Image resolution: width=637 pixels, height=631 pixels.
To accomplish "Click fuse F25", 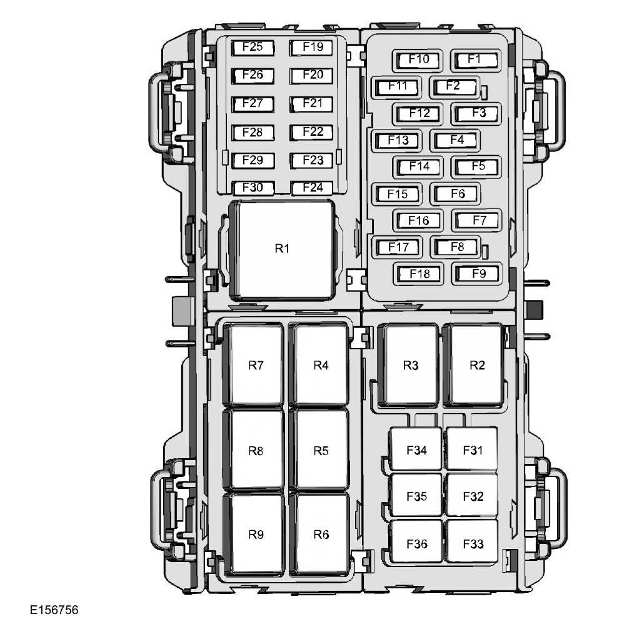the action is (x=253, y=48).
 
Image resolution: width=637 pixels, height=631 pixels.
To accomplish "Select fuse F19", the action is (x=311, y=48).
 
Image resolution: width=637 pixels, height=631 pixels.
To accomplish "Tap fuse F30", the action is (x=253, y=188).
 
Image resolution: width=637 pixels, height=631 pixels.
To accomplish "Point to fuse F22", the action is (x=311, y=132).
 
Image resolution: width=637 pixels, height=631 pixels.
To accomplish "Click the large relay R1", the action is (x=283, y=249).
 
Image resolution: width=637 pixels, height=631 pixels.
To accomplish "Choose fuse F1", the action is (x=476, y=60).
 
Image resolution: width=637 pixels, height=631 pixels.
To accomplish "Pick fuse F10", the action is (x=418, y=60).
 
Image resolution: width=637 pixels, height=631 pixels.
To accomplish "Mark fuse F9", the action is (x=477, y=274).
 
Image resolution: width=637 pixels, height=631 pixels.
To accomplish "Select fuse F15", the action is (x=397, y=194).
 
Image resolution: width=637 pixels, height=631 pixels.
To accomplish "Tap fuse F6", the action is (x=456, y=194).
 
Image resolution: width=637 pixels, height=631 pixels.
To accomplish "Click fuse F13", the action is (x=397, y=140).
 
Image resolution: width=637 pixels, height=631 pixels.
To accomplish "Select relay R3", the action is (x=408, y=366).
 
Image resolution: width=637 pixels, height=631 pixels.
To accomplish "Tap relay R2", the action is (x=474, y=366).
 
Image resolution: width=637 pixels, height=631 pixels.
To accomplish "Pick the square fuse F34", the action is (x=416, y=449).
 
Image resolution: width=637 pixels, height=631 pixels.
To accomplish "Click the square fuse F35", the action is (x=416, y=495).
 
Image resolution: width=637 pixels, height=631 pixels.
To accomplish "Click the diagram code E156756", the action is (x=54, y=610).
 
